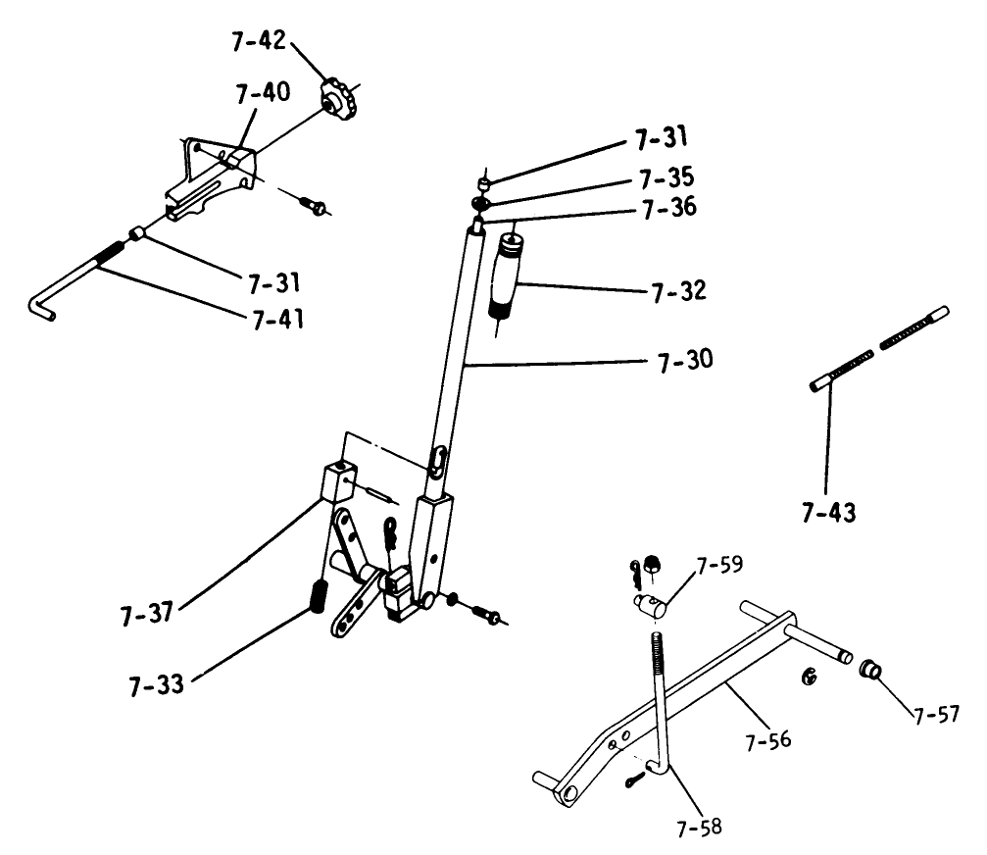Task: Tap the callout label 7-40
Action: [x=262, y=94]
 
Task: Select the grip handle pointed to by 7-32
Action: [x=508, y=276]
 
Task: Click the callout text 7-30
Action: [x=679, y=360]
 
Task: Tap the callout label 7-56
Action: [x=766, y=741]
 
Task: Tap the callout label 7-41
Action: [x=276, y=320]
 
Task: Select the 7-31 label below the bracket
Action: [x=272, y=284]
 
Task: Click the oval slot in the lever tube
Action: [x=438, y=459]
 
